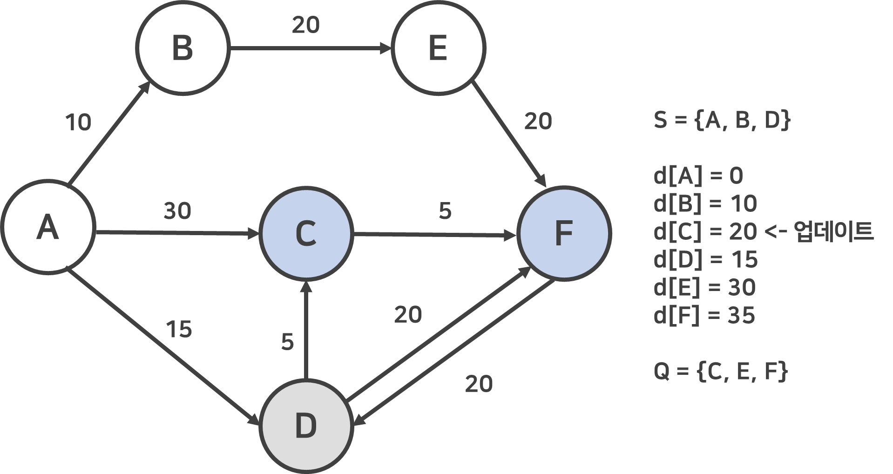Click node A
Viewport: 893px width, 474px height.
[48, 227]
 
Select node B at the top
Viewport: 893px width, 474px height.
[183, 47]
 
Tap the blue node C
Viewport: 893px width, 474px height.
[305, 234]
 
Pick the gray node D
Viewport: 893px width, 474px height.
[305, 426]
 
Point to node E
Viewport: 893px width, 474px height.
[438, 47]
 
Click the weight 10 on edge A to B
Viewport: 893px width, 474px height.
[78, 122]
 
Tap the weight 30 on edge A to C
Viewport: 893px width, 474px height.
[177, 211]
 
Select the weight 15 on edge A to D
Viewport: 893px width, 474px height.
[179, 330]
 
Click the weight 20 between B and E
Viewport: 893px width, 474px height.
[306, 25]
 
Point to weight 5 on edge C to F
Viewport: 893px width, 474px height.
[445, 211]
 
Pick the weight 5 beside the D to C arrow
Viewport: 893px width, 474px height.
[288, 342]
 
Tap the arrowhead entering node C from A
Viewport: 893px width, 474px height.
[253, 233]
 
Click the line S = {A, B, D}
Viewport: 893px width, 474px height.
[722, 120]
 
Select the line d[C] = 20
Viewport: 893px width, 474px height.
[705, 232]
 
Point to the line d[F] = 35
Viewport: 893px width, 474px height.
[704, 316]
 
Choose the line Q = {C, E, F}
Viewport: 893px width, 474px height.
[721, 372]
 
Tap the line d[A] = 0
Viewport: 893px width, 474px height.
[698, 176]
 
